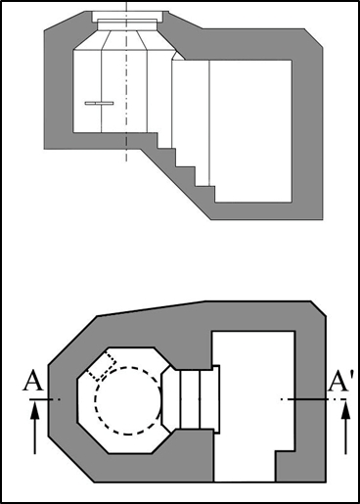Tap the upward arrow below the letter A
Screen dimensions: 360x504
(x=35, y=428)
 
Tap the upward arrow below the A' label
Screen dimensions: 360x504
(x=346, y=428)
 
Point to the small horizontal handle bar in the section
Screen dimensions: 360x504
(x=99, y=104)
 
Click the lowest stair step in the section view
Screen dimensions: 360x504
(x=205, y=195)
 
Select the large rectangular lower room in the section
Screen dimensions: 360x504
(x=250, y=131)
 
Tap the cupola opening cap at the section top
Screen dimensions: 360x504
(x=127, y=17)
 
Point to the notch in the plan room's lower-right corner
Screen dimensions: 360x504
(x=286, y=467)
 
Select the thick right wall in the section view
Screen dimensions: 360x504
(x=307, y=130)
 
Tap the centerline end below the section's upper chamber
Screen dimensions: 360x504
(x=126, y=160)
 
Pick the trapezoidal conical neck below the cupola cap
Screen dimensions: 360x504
(x=126, y=40)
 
